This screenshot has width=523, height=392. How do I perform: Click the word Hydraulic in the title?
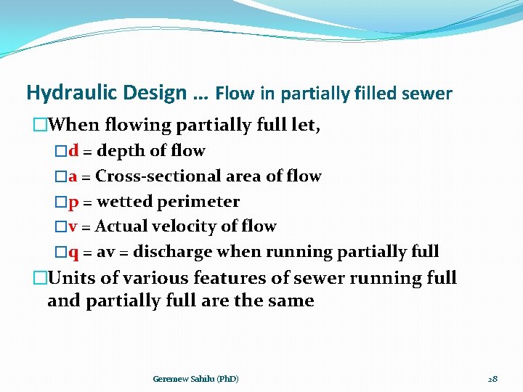click(x=67, y=93)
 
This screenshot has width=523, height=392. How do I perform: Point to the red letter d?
click(x=73, y=151)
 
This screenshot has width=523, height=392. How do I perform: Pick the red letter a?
click(x=73, y=176)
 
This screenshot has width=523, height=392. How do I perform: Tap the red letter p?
click(x=73, y=202)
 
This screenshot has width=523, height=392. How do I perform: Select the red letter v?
click(x=73, y=226)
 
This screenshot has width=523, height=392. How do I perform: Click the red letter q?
click(x=73, y=252)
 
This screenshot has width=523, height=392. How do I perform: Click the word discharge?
click(x=173, y=252)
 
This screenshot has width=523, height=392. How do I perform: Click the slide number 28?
click(x=492, y=379)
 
